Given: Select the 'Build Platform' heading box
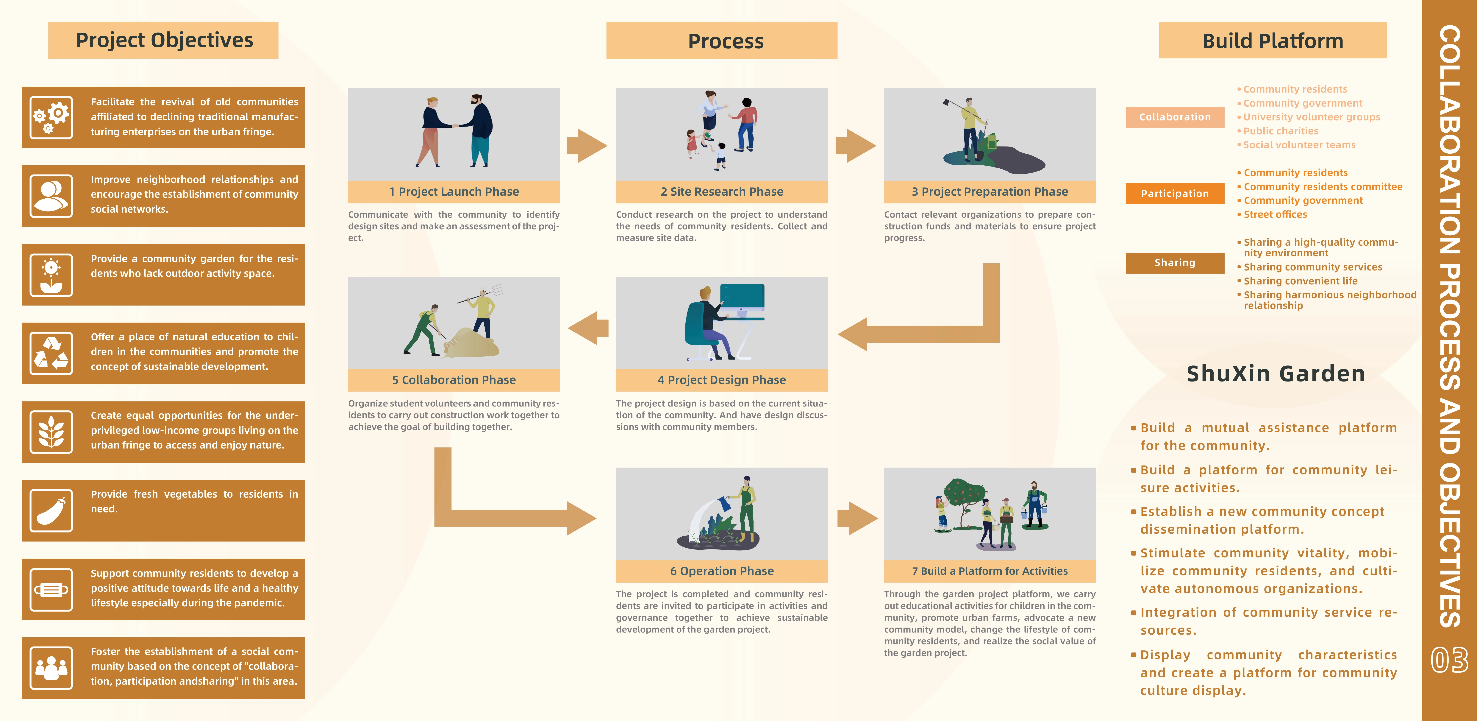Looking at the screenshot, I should click(x=1272, y=41).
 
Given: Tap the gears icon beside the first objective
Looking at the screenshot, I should click(x=51, y=118).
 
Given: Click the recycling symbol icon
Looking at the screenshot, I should click(x=51, y=353).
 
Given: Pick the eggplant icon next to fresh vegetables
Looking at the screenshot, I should click(x=51, y=510).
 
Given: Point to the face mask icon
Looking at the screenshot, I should click(x=51, y=590).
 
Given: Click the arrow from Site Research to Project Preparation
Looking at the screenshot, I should click(x=855, y=146).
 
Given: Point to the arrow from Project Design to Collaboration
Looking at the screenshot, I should click(x=588, y=328).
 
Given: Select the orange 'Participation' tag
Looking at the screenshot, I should click(x=1174, y=193).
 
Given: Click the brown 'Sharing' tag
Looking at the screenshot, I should click(x=1174, y=263).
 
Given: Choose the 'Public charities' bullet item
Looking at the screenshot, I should click(x=1280, y=131).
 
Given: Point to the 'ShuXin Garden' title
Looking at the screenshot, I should click(x=1275, y=373).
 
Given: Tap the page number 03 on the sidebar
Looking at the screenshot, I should click(x=1449, y=660).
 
